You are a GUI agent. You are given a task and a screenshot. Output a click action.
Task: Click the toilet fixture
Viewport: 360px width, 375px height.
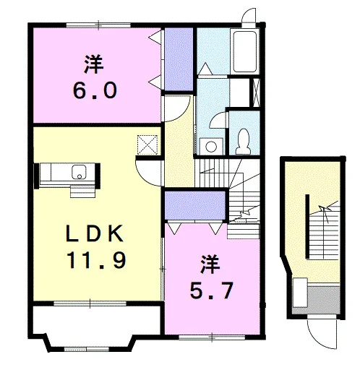coord(243,142)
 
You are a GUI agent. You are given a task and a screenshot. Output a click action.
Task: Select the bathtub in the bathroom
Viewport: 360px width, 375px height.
coord(244,51)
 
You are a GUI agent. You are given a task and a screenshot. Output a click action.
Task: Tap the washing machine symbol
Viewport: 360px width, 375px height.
coord(211,146)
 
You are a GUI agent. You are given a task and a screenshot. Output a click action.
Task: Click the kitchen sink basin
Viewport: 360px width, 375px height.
coord(79,172)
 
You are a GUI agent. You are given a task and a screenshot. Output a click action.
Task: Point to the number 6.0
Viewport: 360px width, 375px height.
coord(95,90)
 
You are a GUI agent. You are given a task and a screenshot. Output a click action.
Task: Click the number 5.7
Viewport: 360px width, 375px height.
coord(211,290)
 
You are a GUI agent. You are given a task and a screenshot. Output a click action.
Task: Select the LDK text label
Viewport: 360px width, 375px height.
coord(95,233)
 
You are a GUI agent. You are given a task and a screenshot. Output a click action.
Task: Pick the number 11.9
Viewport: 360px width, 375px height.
coord(96,259)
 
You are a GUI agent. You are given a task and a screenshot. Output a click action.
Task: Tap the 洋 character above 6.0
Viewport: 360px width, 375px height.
coord(94,64)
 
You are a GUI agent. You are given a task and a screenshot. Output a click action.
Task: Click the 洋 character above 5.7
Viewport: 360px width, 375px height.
coord(210,264)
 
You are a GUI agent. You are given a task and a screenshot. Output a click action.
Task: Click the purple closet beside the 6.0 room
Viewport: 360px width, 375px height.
coord(179,59)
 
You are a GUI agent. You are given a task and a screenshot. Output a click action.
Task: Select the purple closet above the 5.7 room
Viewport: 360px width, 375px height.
coord(195,205)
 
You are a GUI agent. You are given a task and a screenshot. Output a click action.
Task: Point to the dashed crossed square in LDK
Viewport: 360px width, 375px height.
coord(147,145)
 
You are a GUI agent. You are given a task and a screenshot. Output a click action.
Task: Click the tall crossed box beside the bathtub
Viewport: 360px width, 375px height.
coord(256,92)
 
